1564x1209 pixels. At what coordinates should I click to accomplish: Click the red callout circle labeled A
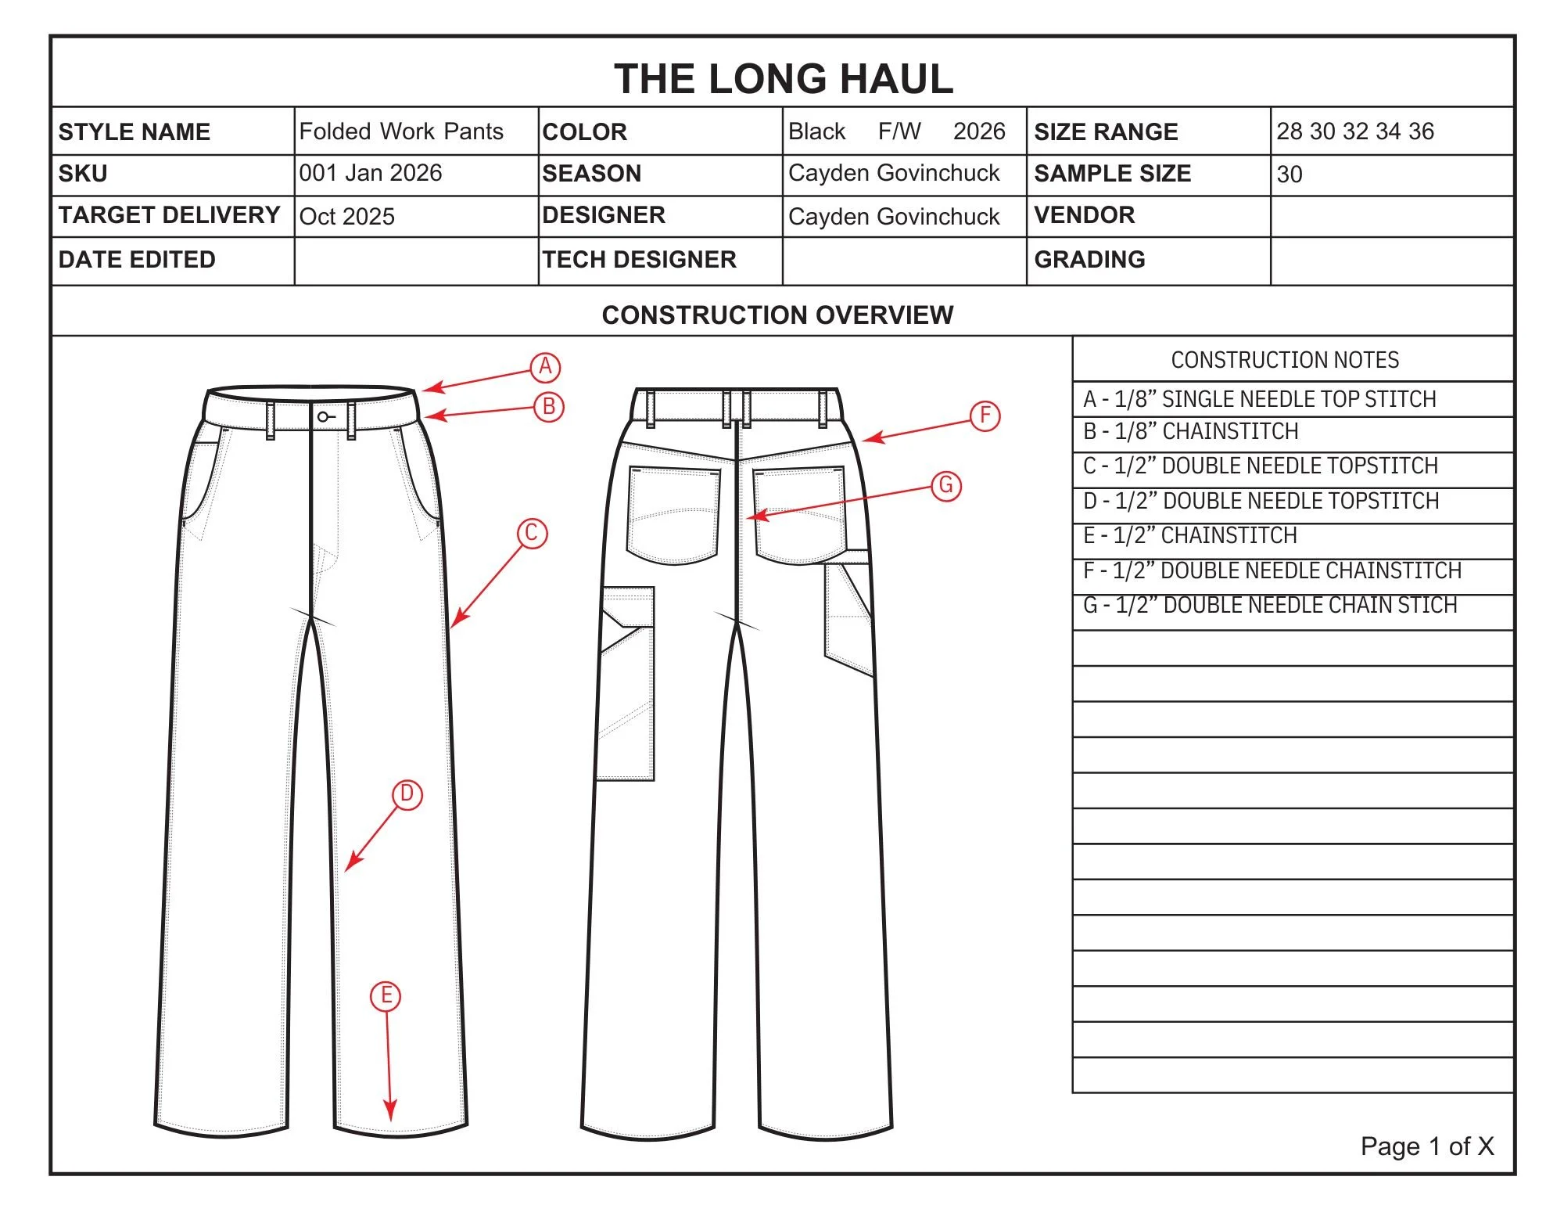coord(545,366)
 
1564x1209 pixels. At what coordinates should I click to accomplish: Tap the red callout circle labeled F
coord(985,416)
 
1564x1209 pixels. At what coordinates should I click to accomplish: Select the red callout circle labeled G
coord(945,485)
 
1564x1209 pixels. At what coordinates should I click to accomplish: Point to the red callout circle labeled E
coord(386,996)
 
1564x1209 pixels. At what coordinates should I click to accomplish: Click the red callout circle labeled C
coord(532,534)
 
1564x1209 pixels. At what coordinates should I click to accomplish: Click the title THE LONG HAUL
coord(783,79)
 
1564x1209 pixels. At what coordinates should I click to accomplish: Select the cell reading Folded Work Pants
coord(401,131)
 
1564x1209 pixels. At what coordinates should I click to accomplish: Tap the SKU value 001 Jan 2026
coord(371,173)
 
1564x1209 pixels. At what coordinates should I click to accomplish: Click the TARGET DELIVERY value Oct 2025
coord(347,217)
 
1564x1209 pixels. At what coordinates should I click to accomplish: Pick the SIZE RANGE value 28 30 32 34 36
coord(1355,131)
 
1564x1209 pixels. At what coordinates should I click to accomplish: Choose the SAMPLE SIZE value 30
coord(1290,175)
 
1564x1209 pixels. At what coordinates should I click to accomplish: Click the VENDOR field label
coord(1084,215)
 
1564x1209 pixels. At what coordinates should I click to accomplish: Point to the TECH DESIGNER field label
coord(639,260)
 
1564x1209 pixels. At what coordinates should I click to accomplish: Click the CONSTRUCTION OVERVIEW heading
coord(777,315)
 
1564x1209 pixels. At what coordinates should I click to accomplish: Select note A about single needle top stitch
coord(1259,399)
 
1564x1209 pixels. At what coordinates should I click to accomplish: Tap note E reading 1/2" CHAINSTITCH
coord(1189,536)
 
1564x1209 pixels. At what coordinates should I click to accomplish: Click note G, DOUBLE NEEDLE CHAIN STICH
coord(1270,606)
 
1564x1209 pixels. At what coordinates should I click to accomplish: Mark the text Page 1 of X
coord(1426,1146)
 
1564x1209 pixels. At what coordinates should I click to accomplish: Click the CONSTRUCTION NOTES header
coord(1285,360)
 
